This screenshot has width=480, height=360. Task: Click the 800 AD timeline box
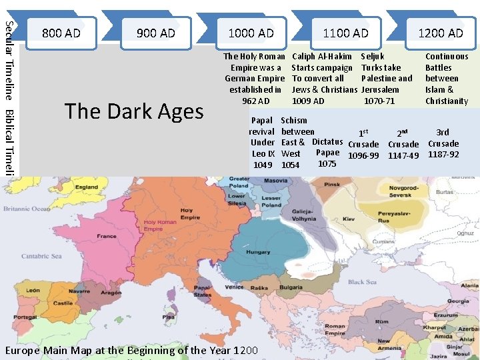[61, 33]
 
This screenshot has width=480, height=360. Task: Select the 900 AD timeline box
[155, 33]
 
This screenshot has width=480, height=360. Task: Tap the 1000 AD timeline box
[251, 33]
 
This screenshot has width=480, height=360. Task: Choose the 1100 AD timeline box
[345, 33]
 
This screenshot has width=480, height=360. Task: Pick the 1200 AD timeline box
[440, 33]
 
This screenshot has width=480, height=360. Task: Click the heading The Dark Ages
[134, 111]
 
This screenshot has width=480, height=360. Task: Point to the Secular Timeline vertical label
[9, 57]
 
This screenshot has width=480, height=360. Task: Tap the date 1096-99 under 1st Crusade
[364, 156]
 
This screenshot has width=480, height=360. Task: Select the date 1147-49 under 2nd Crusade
[403, 156]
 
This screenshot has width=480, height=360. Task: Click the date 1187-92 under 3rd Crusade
[443, 154]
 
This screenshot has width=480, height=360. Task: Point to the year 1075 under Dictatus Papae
[327, 163]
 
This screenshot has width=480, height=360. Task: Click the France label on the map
[106, 236]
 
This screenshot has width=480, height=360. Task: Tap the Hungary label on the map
[257, 253]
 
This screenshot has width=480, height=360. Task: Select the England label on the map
[87, 187]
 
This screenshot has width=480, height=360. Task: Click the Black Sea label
[362, 282]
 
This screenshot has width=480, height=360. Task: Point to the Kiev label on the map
[349, 218]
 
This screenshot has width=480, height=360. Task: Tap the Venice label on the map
[234, 287]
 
